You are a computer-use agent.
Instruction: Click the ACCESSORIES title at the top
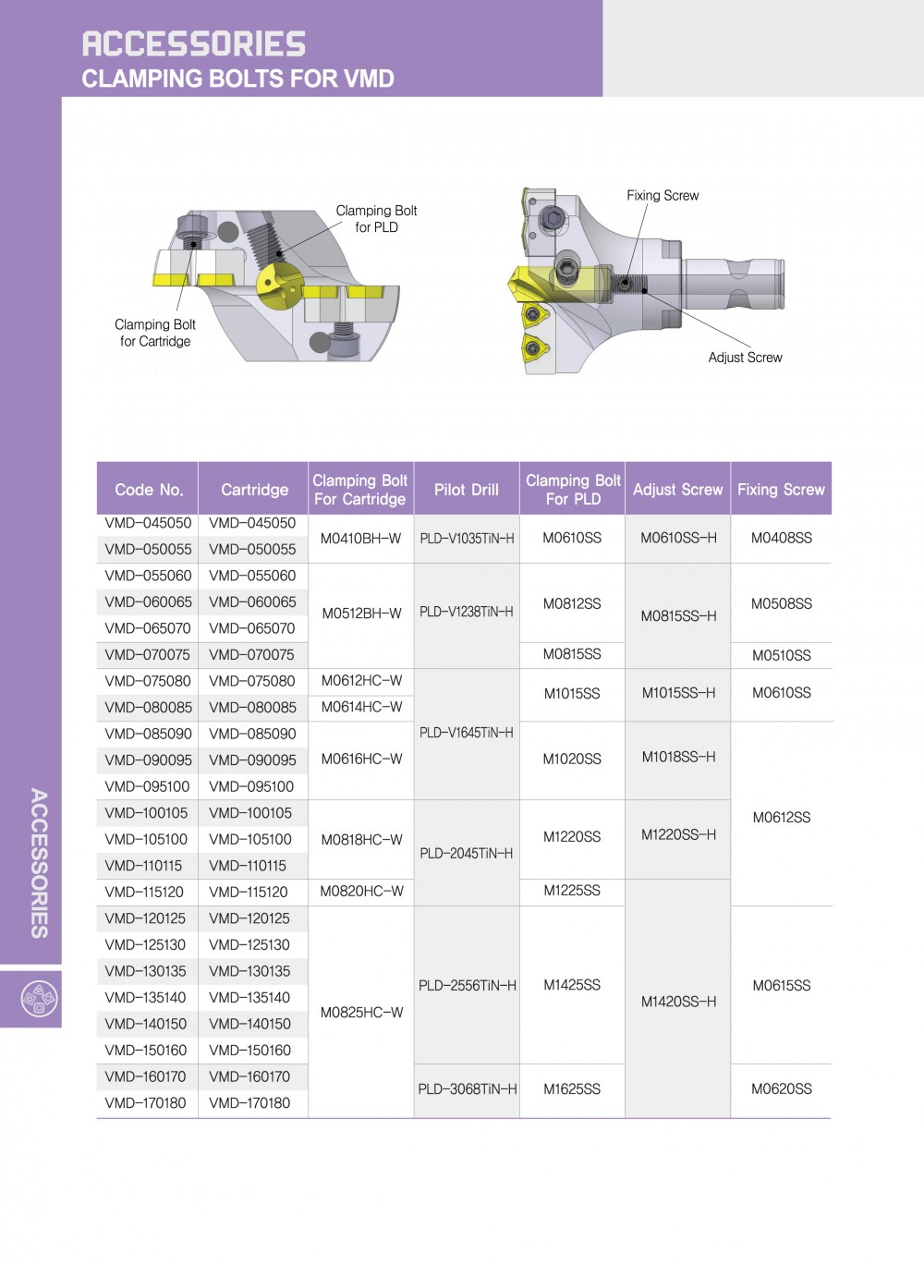pos(193,43)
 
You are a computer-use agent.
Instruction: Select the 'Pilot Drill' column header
pos(467,490)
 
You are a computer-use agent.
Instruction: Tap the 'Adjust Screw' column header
pos(677,490)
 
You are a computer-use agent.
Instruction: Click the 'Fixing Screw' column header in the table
pos(781,490)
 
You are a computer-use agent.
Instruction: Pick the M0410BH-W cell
pos(360,538)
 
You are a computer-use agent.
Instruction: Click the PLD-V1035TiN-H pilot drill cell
pos(467,538)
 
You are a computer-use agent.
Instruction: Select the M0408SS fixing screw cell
pos(781,538)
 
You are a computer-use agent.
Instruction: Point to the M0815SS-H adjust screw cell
pos(678,615)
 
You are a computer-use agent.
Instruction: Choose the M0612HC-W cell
pos(361,681)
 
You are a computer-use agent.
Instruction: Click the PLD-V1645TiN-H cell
pos(467,733)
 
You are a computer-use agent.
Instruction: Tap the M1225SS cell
pos(572,891)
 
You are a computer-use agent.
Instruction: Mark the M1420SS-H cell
pos(678,1002)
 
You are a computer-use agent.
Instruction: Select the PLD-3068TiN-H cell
pos(467,1089)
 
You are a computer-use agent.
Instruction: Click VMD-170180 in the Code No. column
pos(146,1103)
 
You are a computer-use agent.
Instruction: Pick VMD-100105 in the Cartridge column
pos(250,813)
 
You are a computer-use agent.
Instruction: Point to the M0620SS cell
pos(781,1089)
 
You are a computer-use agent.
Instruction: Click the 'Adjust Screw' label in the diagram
pos(745,358)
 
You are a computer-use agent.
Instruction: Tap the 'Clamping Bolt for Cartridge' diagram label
pos(155,333)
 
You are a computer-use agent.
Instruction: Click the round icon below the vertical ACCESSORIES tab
pos(39,999)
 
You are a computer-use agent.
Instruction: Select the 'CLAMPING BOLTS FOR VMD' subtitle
pos(237,79)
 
